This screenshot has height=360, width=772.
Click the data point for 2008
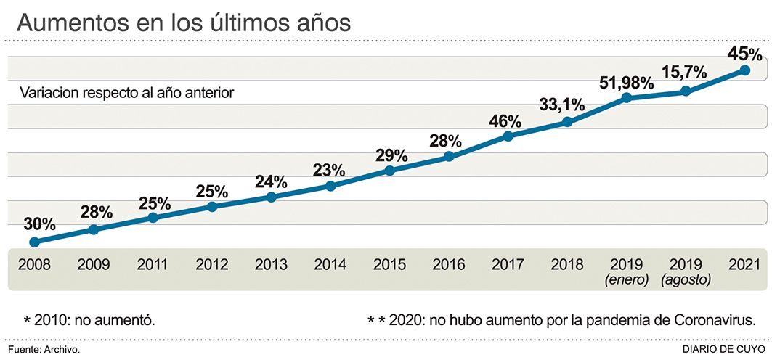click(33, 242)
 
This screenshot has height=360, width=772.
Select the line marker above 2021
click(745, 70)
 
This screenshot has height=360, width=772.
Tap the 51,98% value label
click(626, 83)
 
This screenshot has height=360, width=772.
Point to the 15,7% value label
click(686, 73)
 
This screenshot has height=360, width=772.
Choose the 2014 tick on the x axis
click(330, 264)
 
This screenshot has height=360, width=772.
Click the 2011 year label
click(153, 264)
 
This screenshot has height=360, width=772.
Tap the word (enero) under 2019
click(626, 279)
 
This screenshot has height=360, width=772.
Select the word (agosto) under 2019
click(685, 279)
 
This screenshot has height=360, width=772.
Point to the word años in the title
click(320, 23)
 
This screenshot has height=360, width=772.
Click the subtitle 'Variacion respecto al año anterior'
click(127, 94)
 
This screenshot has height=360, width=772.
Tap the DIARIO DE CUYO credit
click(723, 350)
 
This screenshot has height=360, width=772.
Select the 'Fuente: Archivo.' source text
click(44, 350)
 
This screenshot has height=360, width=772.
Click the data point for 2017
click(508, 136)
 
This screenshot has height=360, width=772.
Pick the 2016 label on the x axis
click(448, 264)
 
